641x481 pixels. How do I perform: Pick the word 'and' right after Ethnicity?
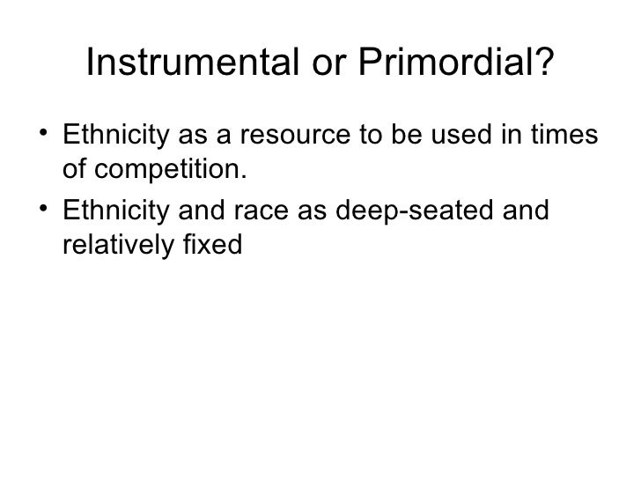180,212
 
